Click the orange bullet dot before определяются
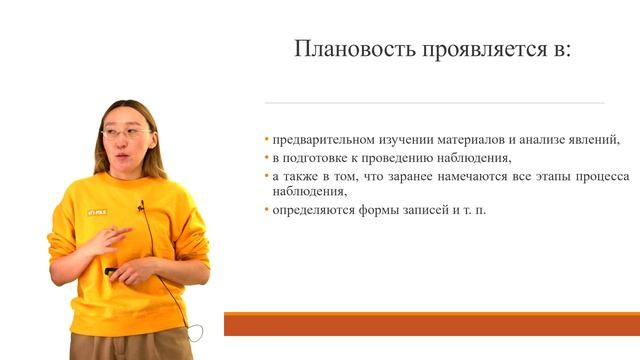coord(267,210)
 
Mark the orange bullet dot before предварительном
coord(267,140)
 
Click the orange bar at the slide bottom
coord(430,324)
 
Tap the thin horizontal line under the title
coord(434,103)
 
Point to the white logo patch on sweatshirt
coord(96,211)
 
